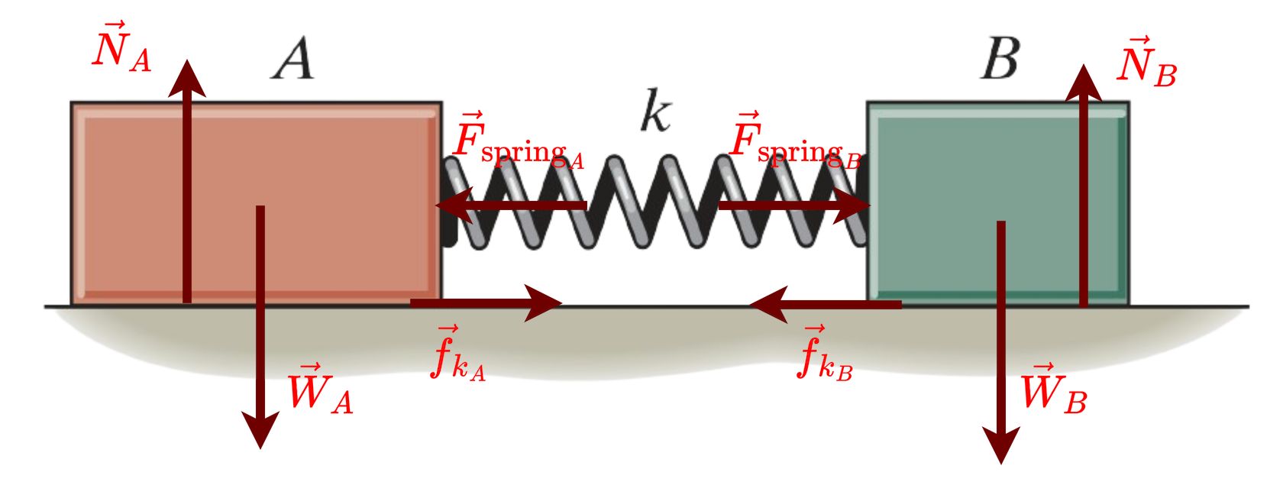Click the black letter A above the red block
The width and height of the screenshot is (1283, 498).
point(293,60)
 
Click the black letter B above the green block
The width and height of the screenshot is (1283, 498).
point(1000,59)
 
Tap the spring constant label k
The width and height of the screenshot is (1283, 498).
point(655,112)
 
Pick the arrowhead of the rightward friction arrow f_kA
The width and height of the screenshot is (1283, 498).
point(545,302)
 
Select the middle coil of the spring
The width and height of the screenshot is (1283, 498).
point(655,202)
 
